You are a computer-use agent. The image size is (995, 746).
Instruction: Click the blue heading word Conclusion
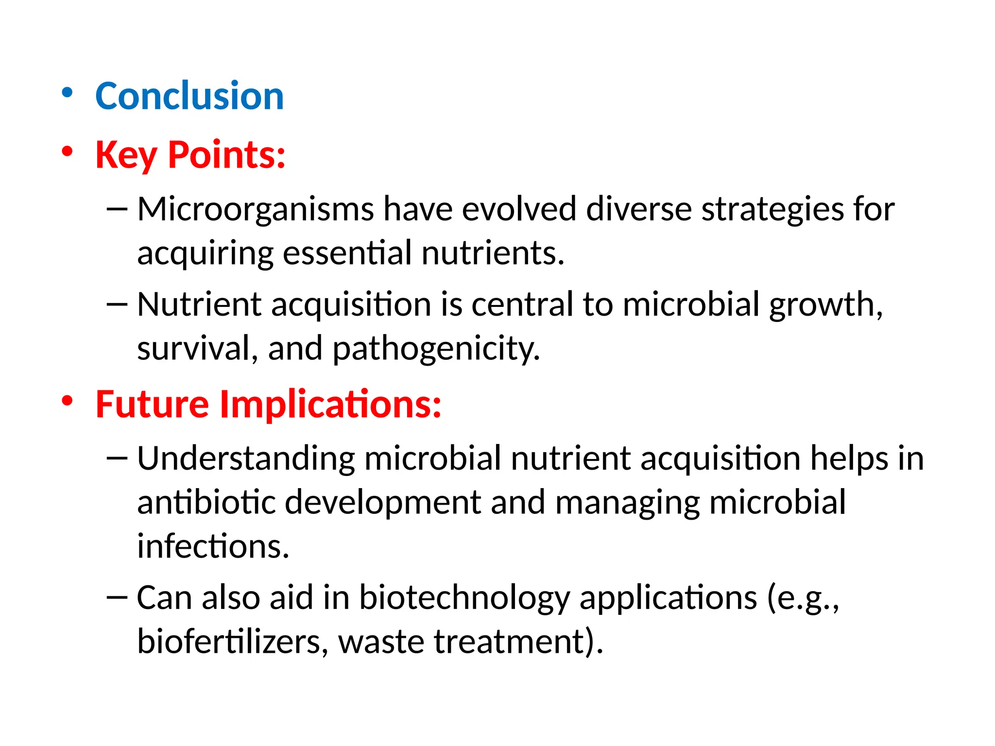tap(189, 96)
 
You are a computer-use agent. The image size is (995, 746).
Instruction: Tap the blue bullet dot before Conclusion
tap(67, 93)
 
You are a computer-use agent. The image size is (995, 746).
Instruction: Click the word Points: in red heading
tap(226, 155)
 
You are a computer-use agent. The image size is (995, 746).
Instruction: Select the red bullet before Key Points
tap(67, 152)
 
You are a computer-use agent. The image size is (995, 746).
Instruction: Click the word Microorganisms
tap(255, 209)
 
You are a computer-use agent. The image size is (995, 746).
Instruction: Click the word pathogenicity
tap(436, 349)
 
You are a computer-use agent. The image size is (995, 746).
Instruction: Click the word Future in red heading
tap(152, 404)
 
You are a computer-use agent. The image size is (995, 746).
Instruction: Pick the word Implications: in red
tap(330, 404)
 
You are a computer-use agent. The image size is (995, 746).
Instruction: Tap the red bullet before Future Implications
tap(67, 401)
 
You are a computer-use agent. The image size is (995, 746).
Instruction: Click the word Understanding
tap(246, 458)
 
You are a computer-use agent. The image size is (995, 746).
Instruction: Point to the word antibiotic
tap(206, 502)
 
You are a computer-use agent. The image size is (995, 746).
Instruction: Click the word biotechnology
tap(464, 597)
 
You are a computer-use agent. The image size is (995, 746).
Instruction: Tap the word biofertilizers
tap(228, 642)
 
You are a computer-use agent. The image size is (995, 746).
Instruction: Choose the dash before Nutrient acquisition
tap(117, 305)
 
